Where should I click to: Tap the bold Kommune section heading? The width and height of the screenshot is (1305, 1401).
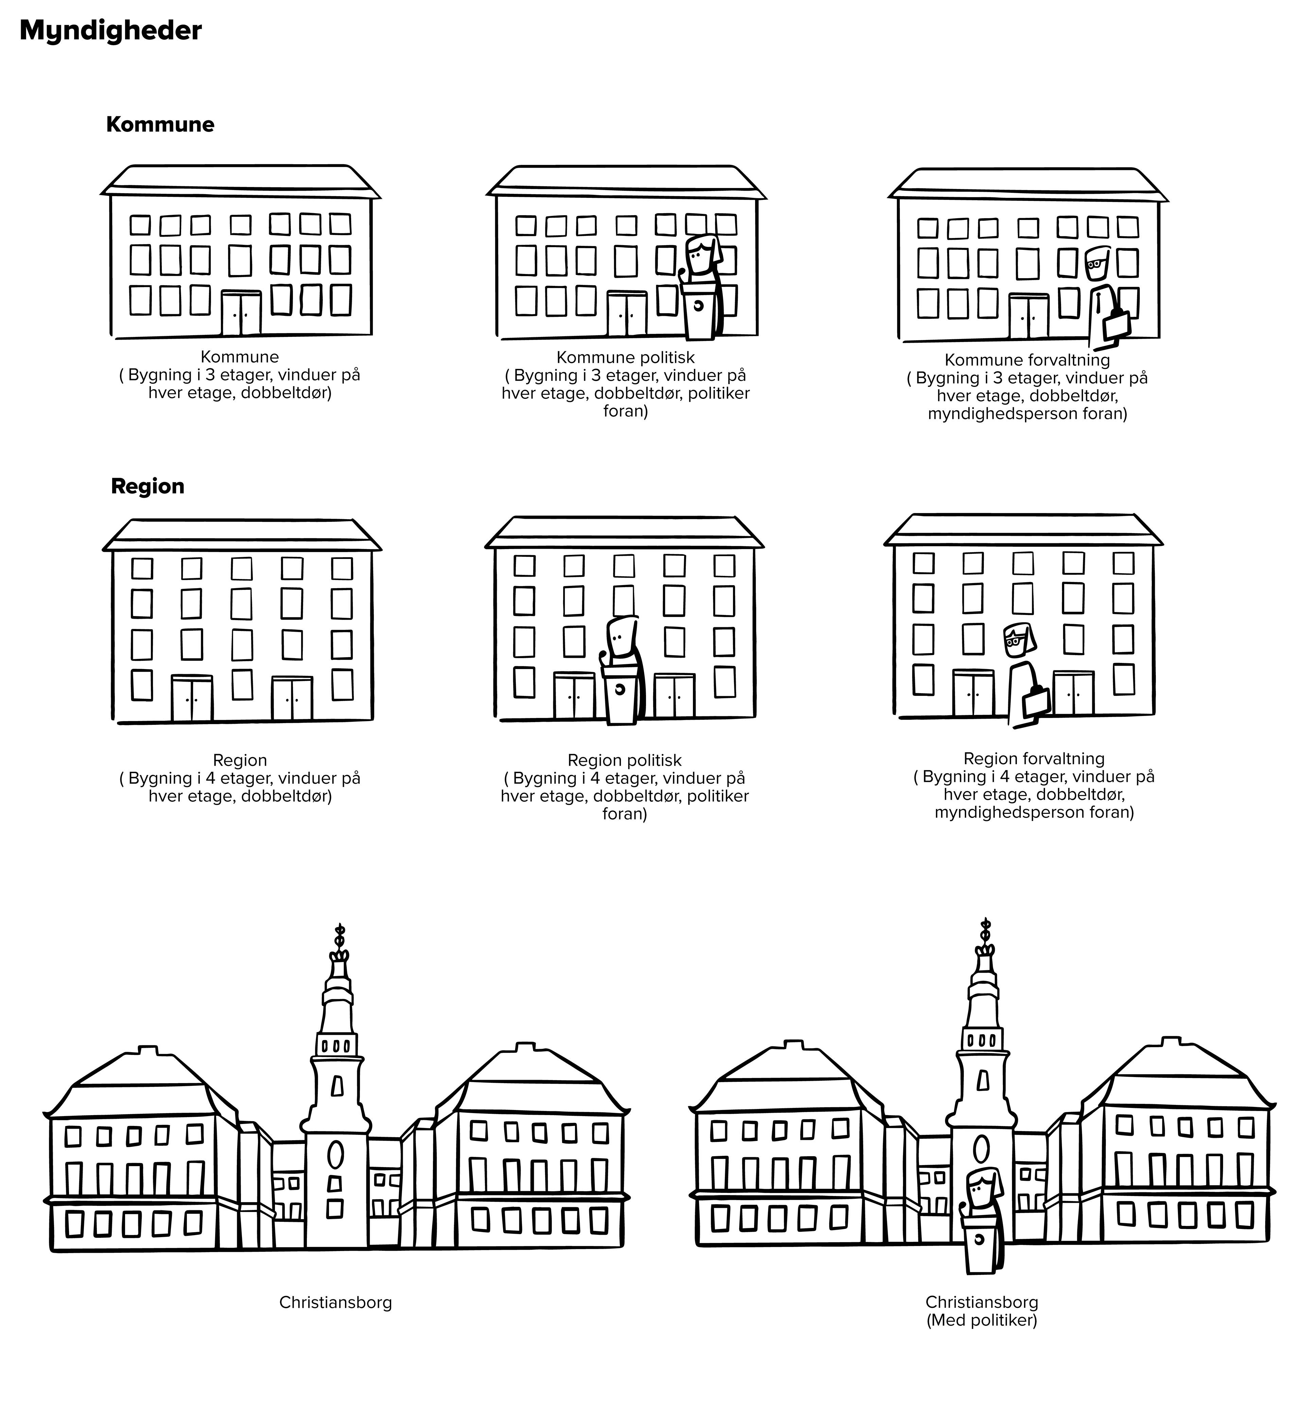click(160, 125)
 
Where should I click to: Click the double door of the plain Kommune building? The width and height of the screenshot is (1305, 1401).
click(241, 313)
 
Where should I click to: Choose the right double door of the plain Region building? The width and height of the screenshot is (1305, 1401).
click(292, 698)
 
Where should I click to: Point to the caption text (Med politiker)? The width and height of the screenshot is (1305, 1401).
click(981, 1320)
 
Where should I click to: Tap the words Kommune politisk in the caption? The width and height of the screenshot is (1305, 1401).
click(625, 357)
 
